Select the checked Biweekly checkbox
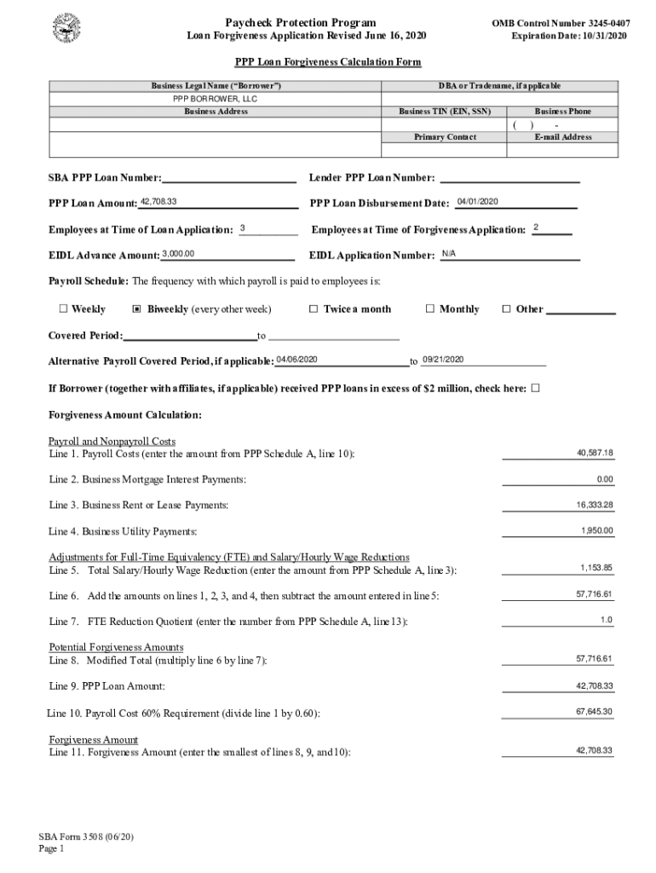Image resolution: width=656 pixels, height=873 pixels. (138, 309)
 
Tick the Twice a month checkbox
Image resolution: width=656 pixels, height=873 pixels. (313, 309)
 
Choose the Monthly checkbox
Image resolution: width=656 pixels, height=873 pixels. (429, 309)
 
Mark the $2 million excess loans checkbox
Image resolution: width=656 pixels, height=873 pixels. (535, 389)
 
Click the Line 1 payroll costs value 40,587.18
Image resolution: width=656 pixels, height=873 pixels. (594, 453)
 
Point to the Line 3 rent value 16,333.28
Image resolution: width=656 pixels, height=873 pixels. (594, 505)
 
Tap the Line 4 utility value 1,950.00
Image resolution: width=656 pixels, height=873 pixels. (596, 530)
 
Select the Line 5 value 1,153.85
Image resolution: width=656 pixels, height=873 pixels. (596, 568)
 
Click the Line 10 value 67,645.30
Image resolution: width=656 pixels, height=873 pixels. (594, 711)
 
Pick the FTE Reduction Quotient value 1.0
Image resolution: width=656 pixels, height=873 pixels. (606, 619)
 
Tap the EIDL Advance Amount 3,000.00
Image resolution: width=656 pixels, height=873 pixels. (178, 253)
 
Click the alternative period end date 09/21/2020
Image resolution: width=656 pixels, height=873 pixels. (442, 359)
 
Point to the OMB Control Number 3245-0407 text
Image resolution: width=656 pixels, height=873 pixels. (561, 23)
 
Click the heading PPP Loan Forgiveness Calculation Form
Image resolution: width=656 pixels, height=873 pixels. (328, 62)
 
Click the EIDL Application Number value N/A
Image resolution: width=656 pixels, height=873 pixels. (449, 254)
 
